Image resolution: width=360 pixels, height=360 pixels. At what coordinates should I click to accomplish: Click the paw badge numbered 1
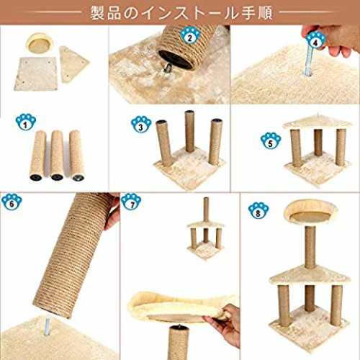point(26,122)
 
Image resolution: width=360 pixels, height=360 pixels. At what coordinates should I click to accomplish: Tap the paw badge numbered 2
point(190,36)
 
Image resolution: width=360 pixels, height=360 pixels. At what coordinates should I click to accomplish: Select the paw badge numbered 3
point(141,125)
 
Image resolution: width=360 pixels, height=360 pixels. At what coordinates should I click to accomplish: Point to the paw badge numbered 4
point(316,40)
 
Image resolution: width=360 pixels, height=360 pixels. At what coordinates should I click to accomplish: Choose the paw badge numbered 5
point(271,141)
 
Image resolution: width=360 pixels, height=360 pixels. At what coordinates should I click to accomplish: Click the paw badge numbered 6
point(12,202)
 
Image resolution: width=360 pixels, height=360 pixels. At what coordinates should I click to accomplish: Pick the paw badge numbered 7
point(132,202)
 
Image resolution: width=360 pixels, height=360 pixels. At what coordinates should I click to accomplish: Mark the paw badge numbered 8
point(258,211)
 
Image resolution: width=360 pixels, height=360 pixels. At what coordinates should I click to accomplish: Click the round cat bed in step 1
point(38,43)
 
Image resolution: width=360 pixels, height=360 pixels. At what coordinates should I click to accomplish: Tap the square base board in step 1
point(36,73)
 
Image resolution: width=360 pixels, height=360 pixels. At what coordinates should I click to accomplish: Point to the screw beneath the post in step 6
point(48,326)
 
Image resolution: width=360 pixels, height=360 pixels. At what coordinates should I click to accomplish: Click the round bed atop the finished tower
point(310,213)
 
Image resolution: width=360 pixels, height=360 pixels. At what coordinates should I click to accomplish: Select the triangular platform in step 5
point(318,123)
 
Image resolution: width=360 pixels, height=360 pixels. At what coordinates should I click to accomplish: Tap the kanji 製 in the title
point(97,13)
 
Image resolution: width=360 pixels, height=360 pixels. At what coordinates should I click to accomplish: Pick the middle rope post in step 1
point(57,156)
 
